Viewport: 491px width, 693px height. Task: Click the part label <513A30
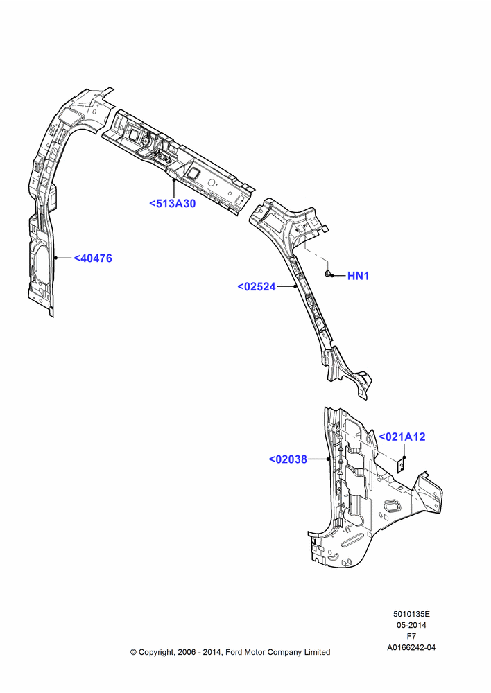coord(172,204)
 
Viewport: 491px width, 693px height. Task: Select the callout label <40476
coord(93,258)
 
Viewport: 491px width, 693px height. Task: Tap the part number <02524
coord(257,286)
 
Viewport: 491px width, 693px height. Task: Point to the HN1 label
coord(358,276)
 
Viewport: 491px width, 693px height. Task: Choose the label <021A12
coord(402,437)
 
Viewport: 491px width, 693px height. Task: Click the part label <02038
coord(288,459)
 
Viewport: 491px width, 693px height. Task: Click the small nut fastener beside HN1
coord(327,274)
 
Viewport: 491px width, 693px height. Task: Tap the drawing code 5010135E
coord(411,614)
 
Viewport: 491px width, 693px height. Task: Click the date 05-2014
coord(411,625)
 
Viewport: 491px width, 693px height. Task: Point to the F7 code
coord(411,636)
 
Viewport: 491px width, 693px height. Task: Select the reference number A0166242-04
coord(411,647)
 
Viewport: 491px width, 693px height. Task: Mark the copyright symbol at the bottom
coord(133,652)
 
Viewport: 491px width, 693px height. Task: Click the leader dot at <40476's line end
coord(55,258)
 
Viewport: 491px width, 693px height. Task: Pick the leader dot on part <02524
coord(295,286)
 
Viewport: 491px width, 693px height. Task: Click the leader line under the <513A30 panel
coord(174,188)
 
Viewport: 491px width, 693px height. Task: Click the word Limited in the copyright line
coord(317,652)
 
